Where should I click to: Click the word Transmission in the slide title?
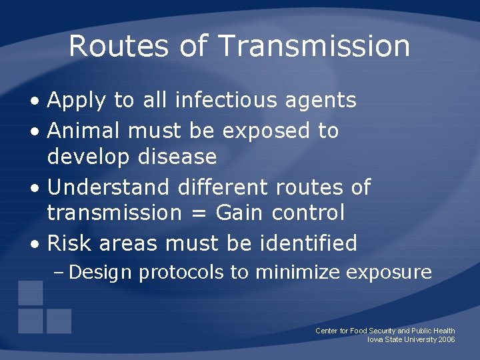click(x=314, y=46)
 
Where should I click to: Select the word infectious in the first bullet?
click(x=226, y=100)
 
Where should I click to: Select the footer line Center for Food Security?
click(x=385, y=331)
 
